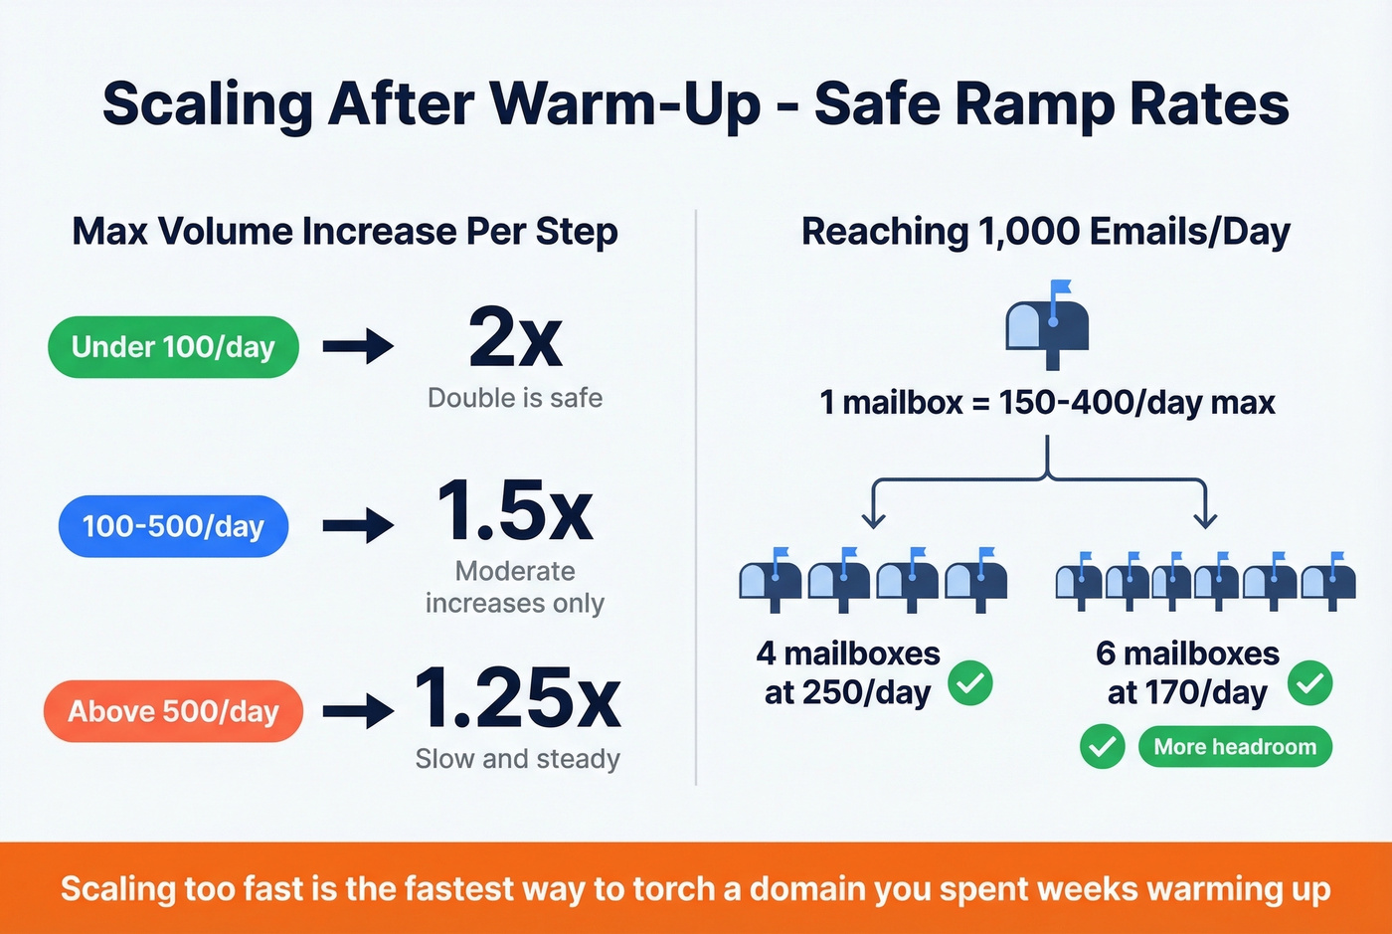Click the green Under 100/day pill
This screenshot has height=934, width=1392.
pos(173,347)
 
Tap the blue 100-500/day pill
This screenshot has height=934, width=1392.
pos(173,526)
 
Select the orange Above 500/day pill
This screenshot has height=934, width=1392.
pos(173,711)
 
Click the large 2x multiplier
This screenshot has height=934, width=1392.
pos(515,339)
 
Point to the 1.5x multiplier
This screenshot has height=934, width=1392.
pos(515,510)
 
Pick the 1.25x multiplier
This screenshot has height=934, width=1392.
pos(517,697)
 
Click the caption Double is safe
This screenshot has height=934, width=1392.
pos(515,398)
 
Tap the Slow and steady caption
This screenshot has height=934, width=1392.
pos(517,759)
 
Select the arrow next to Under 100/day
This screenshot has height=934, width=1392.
pos(359,347)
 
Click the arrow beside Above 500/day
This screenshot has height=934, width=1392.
pos(359,711)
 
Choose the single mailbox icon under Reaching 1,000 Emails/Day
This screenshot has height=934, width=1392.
pos(1047,325)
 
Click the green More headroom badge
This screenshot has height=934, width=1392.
pos(1235,747)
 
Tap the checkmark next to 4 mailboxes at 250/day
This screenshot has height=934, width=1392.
pos(970,683)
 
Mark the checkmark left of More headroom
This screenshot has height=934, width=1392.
pos(1103,747)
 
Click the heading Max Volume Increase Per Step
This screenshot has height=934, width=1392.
pos(345,232)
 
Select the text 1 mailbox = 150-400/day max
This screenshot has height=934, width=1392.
pos(1047,403)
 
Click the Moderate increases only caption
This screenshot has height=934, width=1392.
pos(515,587)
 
